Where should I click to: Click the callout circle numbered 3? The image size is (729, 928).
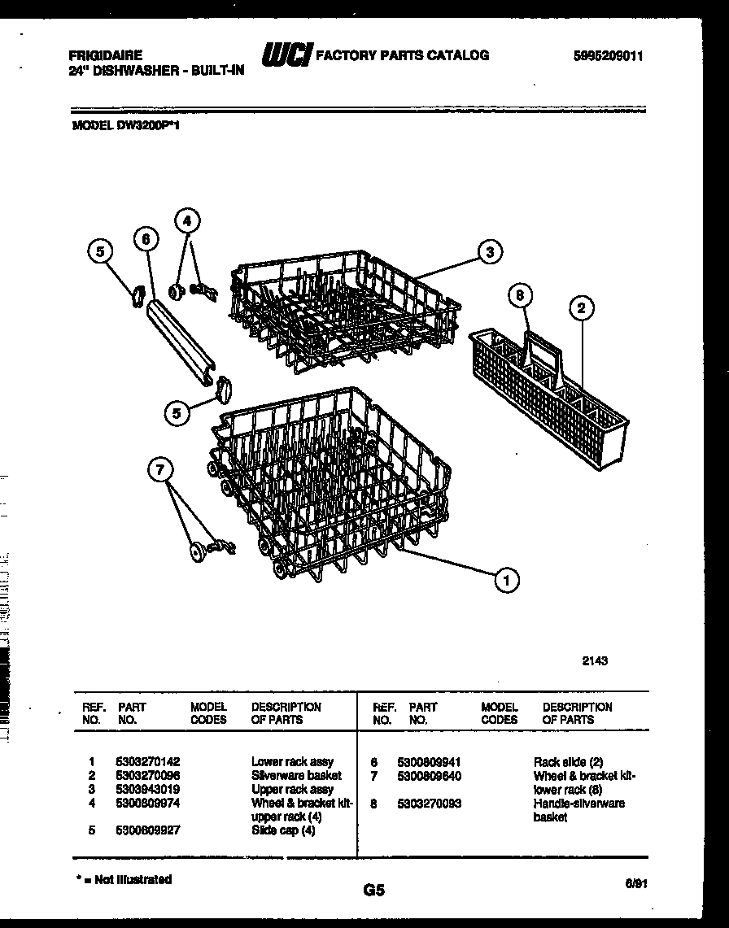point(489,252)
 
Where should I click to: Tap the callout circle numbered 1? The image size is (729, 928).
point(507,579)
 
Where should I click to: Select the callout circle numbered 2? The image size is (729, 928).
point(581,308)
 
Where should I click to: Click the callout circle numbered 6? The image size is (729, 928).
point(145,239)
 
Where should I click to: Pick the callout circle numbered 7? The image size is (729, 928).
point(160,468)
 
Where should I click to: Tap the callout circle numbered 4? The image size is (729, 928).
point(188,220)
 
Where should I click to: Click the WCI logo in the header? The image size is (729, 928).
point(286,54)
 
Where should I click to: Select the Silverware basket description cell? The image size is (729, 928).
point(296,776)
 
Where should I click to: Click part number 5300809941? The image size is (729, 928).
point(429,762)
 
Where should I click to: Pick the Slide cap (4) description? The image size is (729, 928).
point(282,830)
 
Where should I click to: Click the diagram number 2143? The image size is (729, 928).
point(595,661)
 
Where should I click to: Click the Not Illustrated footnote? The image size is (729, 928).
point(124,879)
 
